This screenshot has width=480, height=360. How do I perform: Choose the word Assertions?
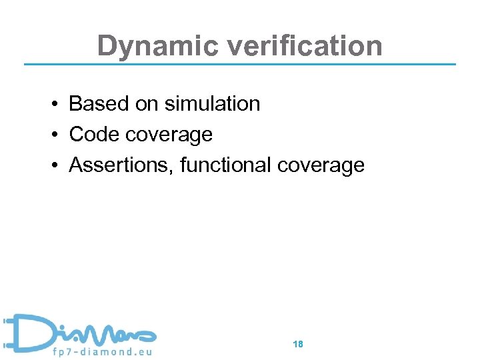[122, 165]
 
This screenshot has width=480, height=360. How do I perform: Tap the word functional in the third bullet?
[226, 165]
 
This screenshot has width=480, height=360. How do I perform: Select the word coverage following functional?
[321, 166]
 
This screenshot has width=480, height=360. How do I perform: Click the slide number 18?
[298, 344]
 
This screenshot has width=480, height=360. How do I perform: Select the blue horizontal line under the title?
[240, 64]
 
